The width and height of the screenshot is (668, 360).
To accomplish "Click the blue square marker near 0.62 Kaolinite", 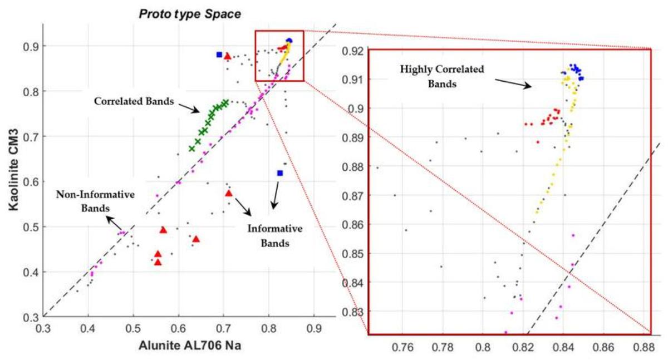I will (280, 173).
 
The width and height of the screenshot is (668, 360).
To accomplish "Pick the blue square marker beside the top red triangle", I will (219, 55).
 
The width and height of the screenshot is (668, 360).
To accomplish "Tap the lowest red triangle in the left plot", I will (158, 262).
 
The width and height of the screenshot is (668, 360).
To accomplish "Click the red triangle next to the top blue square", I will (227, 56).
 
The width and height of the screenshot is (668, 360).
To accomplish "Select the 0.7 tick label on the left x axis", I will (223, 329).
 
